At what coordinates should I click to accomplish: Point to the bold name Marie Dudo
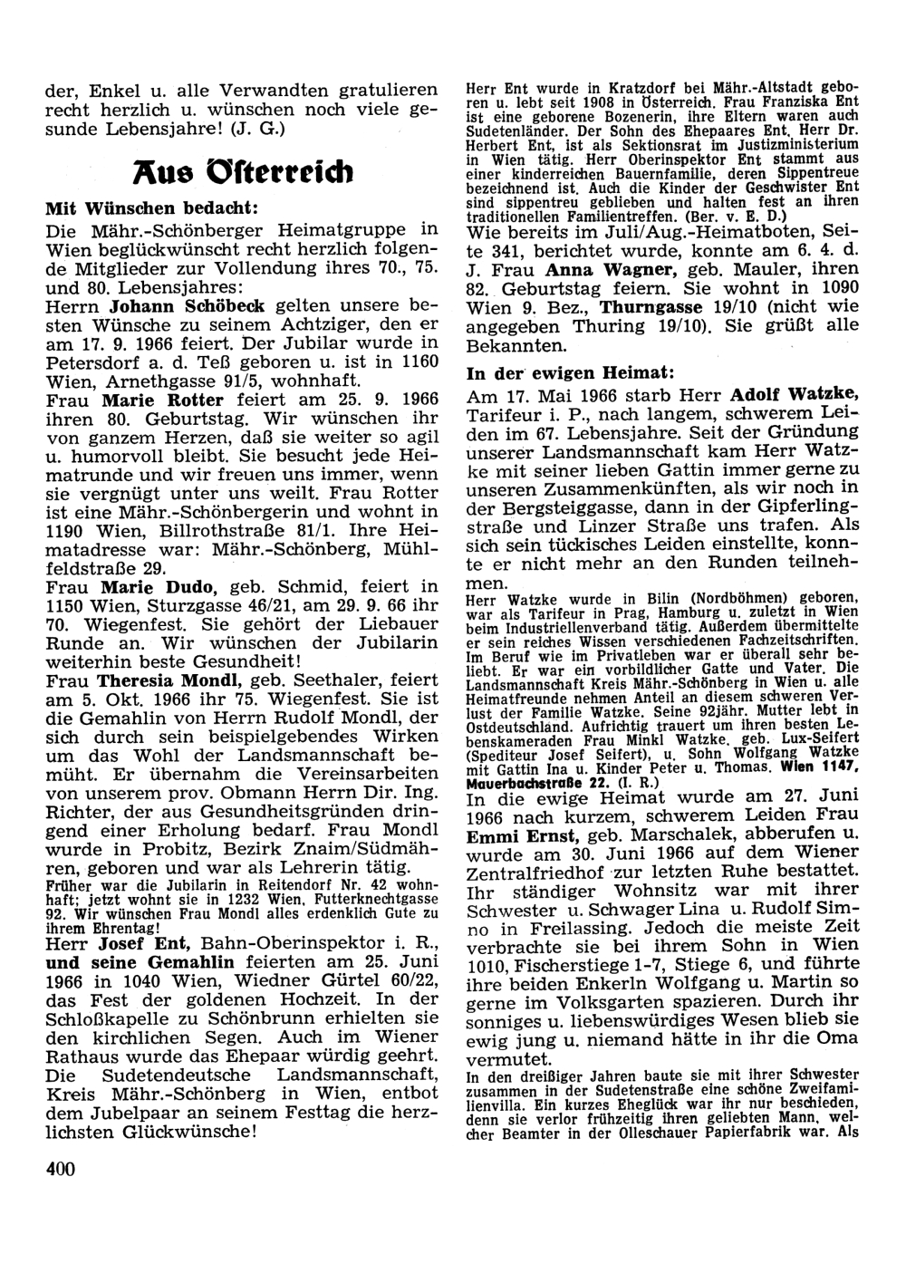(x=156, y=587)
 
